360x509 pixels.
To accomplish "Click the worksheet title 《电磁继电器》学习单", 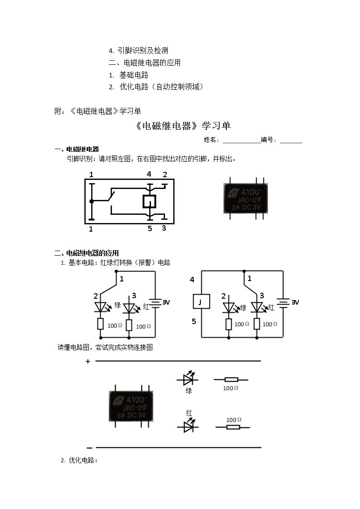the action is click(x=183, y=126).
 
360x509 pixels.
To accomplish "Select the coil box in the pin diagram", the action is click(x=149, y=202).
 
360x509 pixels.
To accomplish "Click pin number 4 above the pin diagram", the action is click(x=149, y=175).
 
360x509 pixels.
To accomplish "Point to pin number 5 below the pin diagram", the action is click(x=150, y=228).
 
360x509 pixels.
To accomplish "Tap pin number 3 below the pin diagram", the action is click(x=164, y=228).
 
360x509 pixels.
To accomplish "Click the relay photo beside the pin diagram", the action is click(x=246, y=199).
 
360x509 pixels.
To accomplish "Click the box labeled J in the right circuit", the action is click(x=201, y=302).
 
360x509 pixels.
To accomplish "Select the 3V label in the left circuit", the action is click(x=166, y=302).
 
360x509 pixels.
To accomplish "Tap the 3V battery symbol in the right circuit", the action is click(x=283, y=303).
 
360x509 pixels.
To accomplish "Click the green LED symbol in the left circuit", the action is click(x=101, y=307).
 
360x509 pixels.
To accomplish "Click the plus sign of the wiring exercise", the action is click(x=88, y=362).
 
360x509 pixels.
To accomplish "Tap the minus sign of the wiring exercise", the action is click(x=90, y=448).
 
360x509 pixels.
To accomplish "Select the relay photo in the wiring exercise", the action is click(x=131, y=406).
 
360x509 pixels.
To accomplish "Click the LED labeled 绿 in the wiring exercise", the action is click(x=188, y=379).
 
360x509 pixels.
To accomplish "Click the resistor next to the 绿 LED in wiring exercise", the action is click(x=231, y=379).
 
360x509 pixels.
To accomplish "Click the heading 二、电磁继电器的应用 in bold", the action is click(x=87, y=253).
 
